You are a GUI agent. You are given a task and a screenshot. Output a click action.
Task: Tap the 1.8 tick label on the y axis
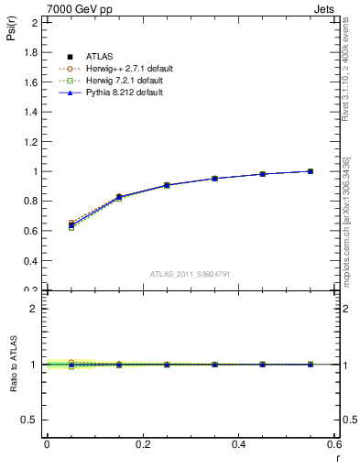coord(31,52)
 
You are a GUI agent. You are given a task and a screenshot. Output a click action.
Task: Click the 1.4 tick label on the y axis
coord(31,112)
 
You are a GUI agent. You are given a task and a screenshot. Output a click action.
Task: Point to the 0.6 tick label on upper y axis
coord(31,231)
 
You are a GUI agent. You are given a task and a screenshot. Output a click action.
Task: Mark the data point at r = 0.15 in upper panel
coord(119,197)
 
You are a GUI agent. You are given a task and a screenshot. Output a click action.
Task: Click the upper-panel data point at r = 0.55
coord(311,171)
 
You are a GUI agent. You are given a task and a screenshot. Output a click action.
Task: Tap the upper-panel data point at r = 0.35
coord(214,179)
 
